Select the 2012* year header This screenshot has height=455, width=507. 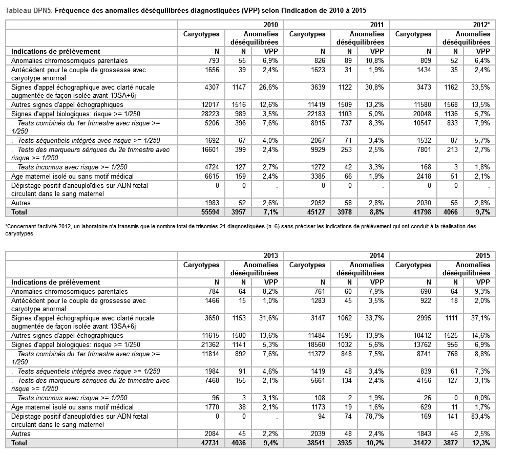coord(481,25)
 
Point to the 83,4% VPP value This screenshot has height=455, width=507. coord(481,417)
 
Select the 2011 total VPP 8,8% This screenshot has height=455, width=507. coord(376,212)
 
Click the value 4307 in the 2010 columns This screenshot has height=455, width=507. coord(212,87)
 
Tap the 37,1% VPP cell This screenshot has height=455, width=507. coord(481,318)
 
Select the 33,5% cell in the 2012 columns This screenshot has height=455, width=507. coord(481,87)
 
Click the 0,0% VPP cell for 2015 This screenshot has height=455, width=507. coord(482,398)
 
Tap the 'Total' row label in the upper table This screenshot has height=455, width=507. coord(19,212)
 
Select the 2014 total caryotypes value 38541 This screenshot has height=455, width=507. coord(316,443)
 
